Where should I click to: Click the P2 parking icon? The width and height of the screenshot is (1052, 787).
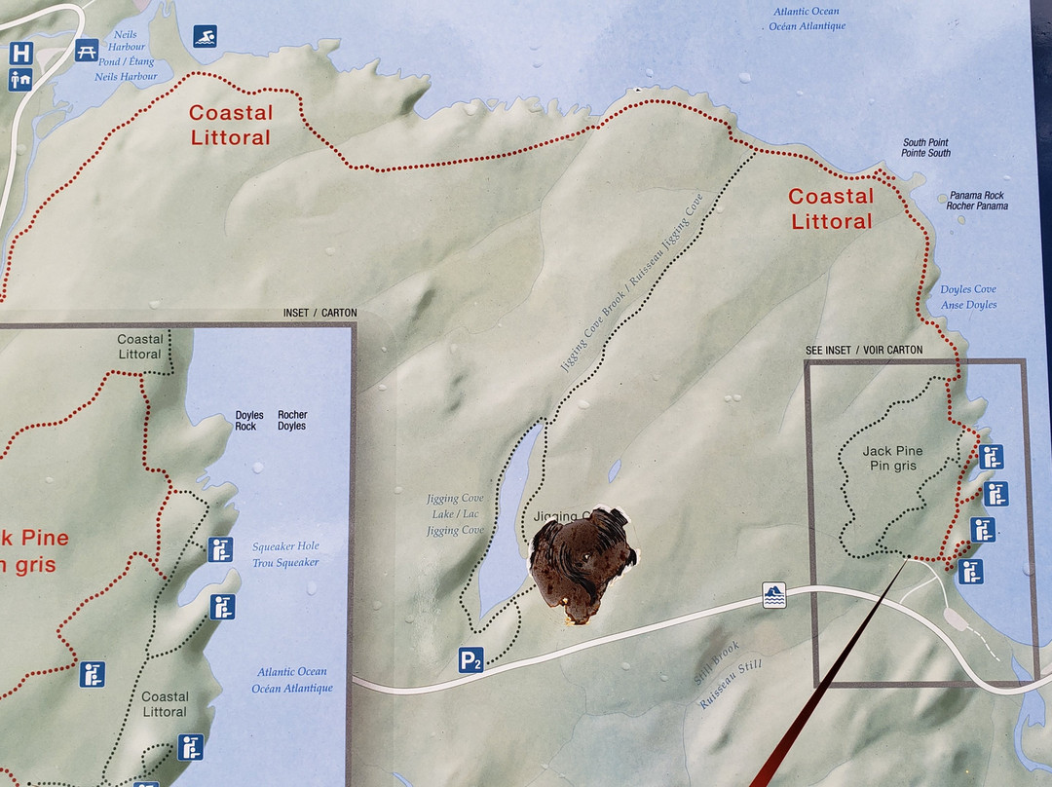471,661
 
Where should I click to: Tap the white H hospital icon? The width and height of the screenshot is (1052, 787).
20,53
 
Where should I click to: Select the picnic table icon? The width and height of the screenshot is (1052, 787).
87,51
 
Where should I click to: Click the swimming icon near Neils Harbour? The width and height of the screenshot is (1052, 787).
205,37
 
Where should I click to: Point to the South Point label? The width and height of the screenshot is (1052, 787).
925,147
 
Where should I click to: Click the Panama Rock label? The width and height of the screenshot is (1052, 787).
976,201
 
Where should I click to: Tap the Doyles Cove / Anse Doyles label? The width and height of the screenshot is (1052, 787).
968,297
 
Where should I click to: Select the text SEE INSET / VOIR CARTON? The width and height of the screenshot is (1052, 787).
863,350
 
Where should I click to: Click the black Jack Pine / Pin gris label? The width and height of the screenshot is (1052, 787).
892,458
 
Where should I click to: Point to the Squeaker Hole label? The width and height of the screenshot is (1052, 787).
285,554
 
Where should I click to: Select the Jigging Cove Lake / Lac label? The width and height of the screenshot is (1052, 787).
455,514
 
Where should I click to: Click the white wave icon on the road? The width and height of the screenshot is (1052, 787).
773,595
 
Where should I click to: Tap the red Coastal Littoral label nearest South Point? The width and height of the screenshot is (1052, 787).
831,208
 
